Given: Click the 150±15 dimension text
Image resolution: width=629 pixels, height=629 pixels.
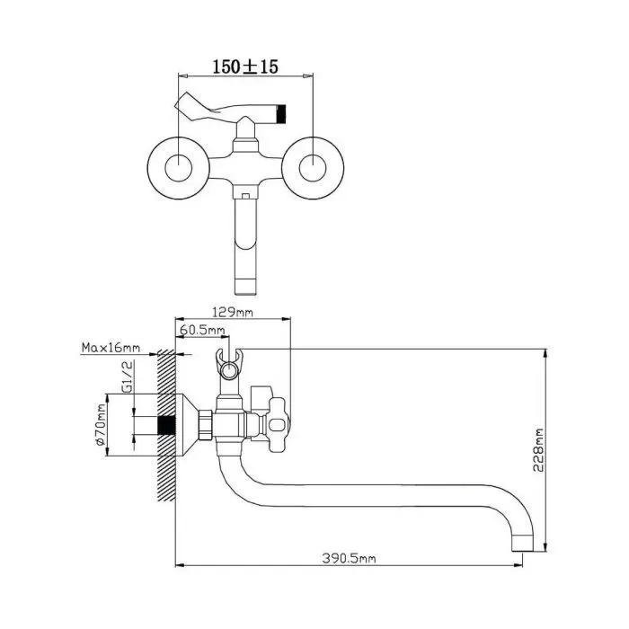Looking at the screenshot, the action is [x=245, y=66].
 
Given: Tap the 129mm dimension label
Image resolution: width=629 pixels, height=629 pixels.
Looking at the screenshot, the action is [x=233, y=312].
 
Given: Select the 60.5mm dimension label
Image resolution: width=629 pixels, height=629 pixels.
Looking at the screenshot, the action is [x=202, y=330].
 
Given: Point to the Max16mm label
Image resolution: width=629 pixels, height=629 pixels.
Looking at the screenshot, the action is [x=111, y=348].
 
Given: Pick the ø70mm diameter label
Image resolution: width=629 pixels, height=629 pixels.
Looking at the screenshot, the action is [x=100, y=424].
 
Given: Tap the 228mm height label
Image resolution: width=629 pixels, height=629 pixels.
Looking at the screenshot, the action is [x=539, y=450].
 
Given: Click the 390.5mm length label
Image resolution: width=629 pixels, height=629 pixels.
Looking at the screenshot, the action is [x=349, y=558].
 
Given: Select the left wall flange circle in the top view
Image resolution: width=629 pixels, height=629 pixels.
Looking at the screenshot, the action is [x=179, y=168].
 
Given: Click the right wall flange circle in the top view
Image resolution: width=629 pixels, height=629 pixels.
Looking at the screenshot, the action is [x=313, y=168].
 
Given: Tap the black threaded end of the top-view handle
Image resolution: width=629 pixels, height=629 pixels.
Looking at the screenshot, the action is [x=281, y=113].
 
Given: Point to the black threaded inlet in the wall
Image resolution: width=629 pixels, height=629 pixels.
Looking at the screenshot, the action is [x=166, y=425].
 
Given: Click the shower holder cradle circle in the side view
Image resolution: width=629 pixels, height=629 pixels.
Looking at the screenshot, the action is [x=229, y=370].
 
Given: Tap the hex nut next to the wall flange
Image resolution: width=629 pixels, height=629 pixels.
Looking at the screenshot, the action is [x=206, y=424].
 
